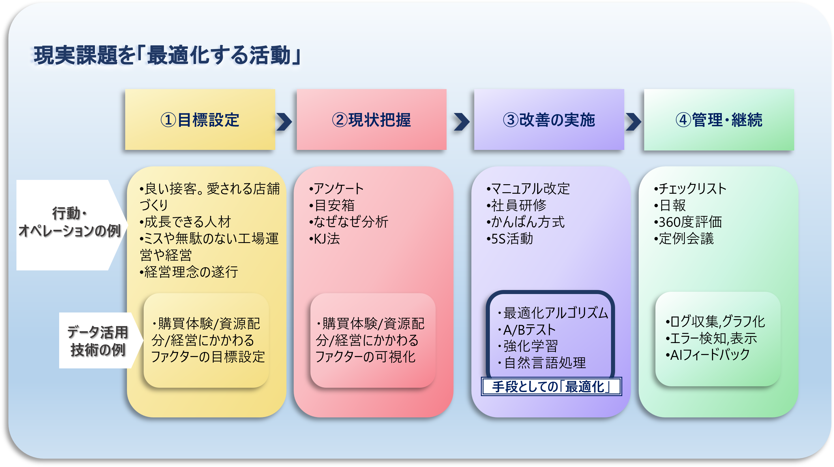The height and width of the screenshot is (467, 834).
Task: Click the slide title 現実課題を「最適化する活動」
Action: pos(167,55)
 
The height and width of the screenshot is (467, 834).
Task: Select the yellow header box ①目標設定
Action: pos(200,120)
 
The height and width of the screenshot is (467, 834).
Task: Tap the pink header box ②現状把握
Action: pos(371,120)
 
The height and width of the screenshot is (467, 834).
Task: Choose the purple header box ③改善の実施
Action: pos(549,120)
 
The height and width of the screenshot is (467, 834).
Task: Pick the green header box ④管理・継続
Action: pos(719,120)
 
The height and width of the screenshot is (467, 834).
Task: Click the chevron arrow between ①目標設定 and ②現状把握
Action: pos(284,122)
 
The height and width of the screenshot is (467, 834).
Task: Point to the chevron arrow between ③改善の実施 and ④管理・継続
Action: pos(633,122)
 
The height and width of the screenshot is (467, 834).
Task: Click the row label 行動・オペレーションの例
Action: pos(69,223)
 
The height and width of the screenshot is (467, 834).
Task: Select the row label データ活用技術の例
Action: pos(98,341)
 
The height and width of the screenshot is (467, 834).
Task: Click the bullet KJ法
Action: pos(325,239)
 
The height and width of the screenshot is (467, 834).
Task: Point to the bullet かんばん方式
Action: pos(526,222)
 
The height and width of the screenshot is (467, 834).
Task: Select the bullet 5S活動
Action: pos(510,239)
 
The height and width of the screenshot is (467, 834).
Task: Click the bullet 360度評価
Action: pos(688,222)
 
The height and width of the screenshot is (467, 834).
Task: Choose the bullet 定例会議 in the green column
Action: pos(684,239)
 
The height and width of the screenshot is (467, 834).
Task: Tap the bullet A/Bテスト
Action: pos(528,330)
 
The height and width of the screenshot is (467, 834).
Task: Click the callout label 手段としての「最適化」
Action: pos(551,386)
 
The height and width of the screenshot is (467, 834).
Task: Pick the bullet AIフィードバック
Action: pos(708,355)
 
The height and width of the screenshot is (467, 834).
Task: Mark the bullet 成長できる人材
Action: pos(185,222)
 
